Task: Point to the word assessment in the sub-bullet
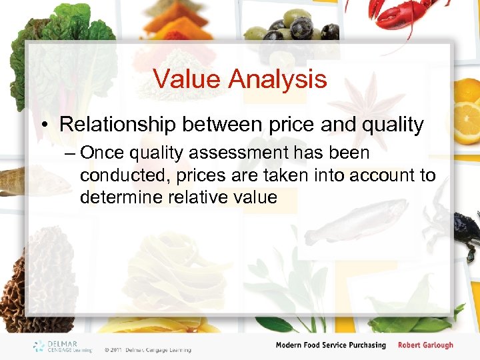[239, 153]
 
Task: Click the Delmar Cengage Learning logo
[63, 346]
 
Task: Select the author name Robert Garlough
[425, 345]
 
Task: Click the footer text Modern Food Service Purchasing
[331, 345]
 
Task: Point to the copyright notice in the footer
[147, 349]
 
